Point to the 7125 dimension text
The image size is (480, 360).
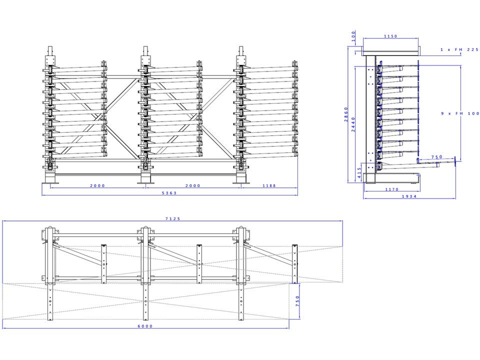(x=172, y=218)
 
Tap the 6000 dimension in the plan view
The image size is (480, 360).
(x=145, y=326)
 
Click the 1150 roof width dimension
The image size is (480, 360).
(x=390, y=36)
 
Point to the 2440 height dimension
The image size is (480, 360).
(x=354, y=124)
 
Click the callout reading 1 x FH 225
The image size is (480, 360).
(x=459, y=49)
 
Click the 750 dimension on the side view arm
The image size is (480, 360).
(x=436, y=157)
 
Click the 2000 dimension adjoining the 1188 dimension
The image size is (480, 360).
(x=192, y=185)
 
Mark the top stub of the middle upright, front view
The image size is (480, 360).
(x=145, y=52)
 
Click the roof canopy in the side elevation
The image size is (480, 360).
(x=390, y=52)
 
